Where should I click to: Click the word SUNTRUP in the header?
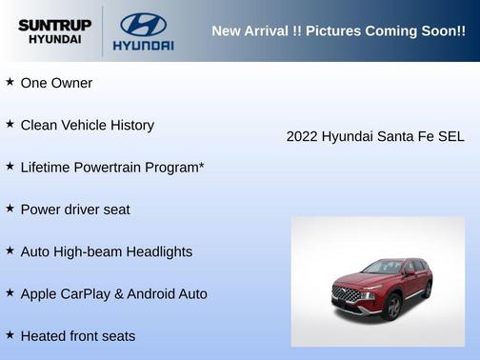coord(54,25)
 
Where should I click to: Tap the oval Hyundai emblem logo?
coord(143,25)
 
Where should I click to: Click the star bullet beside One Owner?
coord(10,82)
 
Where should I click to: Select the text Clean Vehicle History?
coord(87,125)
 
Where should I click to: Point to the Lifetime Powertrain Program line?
coord(112,167)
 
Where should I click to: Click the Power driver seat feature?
coord(75,209)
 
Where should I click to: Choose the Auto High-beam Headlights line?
coord(106,251)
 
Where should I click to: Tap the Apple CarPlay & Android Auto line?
coord(113,293)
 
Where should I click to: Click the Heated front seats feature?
coord(77,335)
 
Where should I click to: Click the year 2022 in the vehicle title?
coord(302,136)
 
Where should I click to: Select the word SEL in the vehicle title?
coord(450,136)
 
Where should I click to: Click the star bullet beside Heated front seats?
coord(10,334)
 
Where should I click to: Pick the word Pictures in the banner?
coord(314,30)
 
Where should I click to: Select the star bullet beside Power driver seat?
coord(10,208)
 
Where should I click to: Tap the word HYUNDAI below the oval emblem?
coord(143,46)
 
